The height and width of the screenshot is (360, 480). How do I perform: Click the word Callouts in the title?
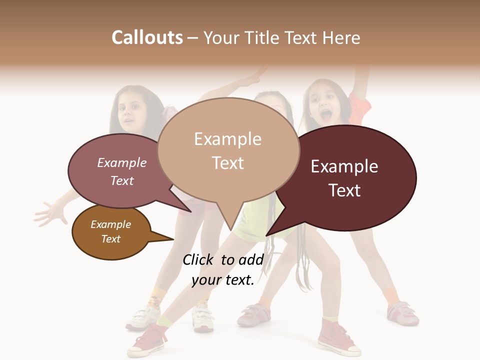(x=147, y=38)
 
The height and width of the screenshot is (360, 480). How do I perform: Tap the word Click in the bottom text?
(x=199, y=259)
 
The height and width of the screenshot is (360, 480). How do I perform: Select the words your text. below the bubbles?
(x=223, y=280)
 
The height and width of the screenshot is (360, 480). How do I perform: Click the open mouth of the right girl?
(x=325, y=116)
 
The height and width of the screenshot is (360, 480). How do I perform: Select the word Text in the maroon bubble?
(x=344, y=190)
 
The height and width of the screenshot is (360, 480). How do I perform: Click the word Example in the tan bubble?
(x=227, y=139)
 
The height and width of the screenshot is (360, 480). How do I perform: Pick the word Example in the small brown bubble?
(x=110, y=224)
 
